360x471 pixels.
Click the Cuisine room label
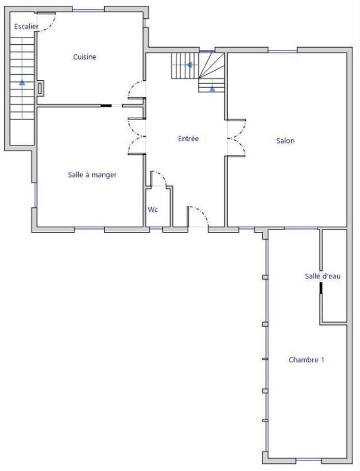(85, 57)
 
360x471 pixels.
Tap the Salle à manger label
(92, 175)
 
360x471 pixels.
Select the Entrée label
(188, 139)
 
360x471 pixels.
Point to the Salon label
(285, 141)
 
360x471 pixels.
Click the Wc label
(152, 210)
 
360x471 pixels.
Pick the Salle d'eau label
(322, 277)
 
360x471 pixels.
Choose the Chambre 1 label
(306, 360)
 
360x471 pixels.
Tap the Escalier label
(26, 27)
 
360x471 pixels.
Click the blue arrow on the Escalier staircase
(22, 82)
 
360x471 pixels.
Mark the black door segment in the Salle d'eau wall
(321, 288)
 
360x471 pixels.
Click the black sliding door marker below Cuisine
(106, 106)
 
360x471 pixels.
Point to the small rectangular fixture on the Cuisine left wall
(40, 89)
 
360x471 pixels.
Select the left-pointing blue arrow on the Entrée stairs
(189, 65)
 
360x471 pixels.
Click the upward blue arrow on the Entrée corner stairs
(212, 88)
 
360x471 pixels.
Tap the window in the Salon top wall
(282, 51)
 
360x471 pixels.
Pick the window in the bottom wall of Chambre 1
(309, 460)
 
